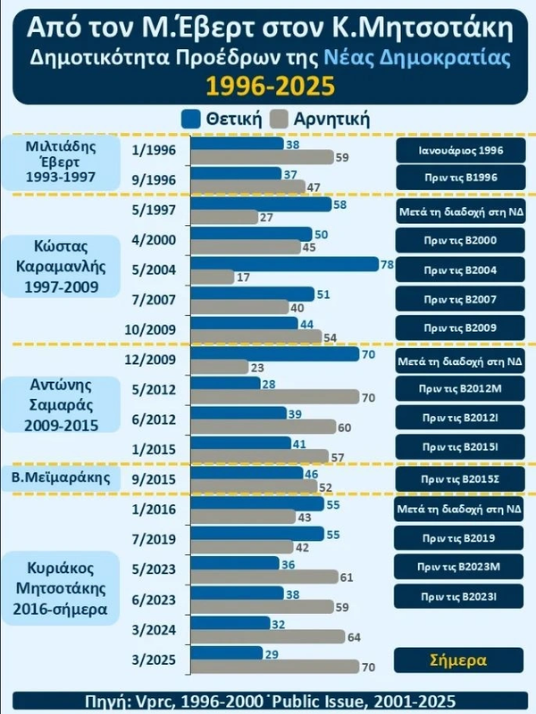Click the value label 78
388,264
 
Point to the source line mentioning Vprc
268,699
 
